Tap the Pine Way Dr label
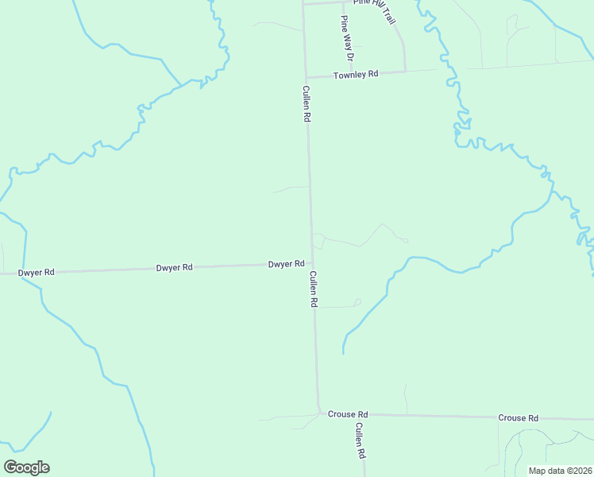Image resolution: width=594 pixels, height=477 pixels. [346, 38]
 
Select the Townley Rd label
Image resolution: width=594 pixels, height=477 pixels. [357, 74]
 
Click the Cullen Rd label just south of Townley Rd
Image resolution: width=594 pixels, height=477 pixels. [306, 103]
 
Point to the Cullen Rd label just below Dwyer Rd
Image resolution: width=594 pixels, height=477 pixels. [314, 289]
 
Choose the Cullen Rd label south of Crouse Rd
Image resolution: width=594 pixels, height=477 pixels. [360, 440]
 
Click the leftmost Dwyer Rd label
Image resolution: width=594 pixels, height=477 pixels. [37, 272]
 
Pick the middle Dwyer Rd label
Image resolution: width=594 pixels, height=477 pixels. [175, 268]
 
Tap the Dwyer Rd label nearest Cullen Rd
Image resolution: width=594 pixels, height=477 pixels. [286, 264]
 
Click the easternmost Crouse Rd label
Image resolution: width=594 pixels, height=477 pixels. [519, 417]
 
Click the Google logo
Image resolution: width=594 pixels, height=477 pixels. [26, 467]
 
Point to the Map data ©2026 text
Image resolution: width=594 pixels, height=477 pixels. [559, 471]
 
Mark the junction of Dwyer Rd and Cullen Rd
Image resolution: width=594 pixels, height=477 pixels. [312, 265]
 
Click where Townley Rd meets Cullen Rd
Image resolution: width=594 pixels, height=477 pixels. [306, 78]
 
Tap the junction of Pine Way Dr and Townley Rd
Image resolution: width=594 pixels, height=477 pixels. [349, 75]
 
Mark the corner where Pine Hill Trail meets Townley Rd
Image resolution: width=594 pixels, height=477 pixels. [405, 71]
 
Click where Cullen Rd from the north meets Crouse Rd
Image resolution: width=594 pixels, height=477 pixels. [319, 413]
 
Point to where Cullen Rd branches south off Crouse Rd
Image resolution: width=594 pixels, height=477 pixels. [364, 415]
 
